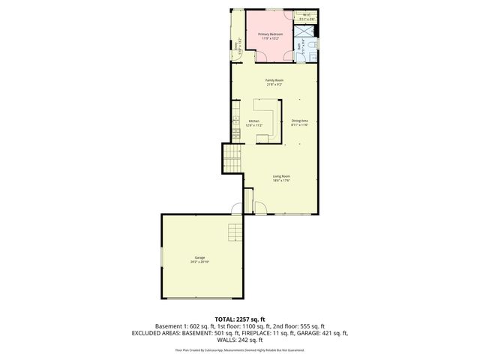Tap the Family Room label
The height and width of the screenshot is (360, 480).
[x=274, y=80]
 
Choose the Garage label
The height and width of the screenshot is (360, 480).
[x=199, y=257]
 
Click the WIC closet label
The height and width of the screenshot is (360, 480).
[x=306, y=14]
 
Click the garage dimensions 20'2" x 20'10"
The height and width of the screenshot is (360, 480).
[x=199, y=262]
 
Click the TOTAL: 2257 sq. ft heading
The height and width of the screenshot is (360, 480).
[x=239, y=319]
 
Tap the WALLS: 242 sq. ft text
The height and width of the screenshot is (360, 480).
[x=239, y=340]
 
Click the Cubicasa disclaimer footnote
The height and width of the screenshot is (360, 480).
[x=239, y=349]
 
